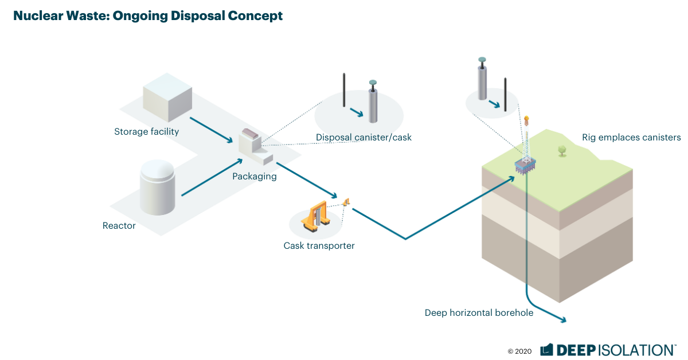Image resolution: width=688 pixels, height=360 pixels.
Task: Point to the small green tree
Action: pyautogui.click(x=562, y=150)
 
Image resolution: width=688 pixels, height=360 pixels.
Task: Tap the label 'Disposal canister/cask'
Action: pyautogui.click(x=363, y=138)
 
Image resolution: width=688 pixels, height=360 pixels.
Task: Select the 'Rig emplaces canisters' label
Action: pyautogui.click(x=631, y=138)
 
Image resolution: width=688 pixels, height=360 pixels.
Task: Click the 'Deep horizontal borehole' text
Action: pyautogui.click(x=479, y=312)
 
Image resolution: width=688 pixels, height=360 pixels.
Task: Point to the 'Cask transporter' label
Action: pyautogui.click(x=319, y=246)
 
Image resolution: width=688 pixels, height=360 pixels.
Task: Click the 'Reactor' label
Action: pyautogui.click(x=119, y=226)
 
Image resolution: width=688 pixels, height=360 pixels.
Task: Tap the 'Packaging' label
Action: pyautogui.click(x=254, y=177)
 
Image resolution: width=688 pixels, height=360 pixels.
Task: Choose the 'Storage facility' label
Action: pyautogui.click(x=147, y=132)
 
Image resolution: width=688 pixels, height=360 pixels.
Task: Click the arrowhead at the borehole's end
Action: pyautogui.click(x=563, y=321)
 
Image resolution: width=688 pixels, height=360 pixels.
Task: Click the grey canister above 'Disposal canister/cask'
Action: pyautogui.click(x=373, y=105)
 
